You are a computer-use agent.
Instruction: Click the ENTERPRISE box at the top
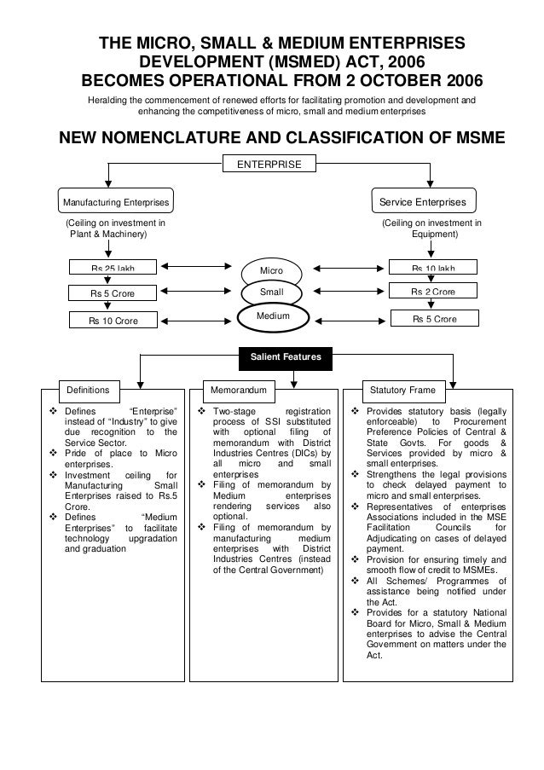click(269, 163)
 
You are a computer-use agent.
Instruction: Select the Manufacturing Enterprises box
click(114, 202)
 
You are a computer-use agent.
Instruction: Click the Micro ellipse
click(271, 272)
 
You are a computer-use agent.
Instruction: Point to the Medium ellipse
click(271, 316)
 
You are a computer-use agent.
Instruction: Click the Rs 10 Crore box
click(113, 321)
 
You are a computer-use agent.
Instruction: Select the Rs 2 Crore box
click(433, 292)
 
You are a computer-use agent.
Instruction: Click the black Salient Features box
click(285, 357)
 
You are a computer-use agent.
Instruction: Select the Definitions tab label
click(89, 390)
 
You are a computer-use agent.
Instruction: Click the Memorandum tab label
click(240, 390)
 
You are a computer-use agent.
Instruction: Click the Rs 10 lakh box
click(433, 268)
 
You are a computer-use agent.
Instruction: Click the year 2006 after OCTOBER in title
click(457, 82)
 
